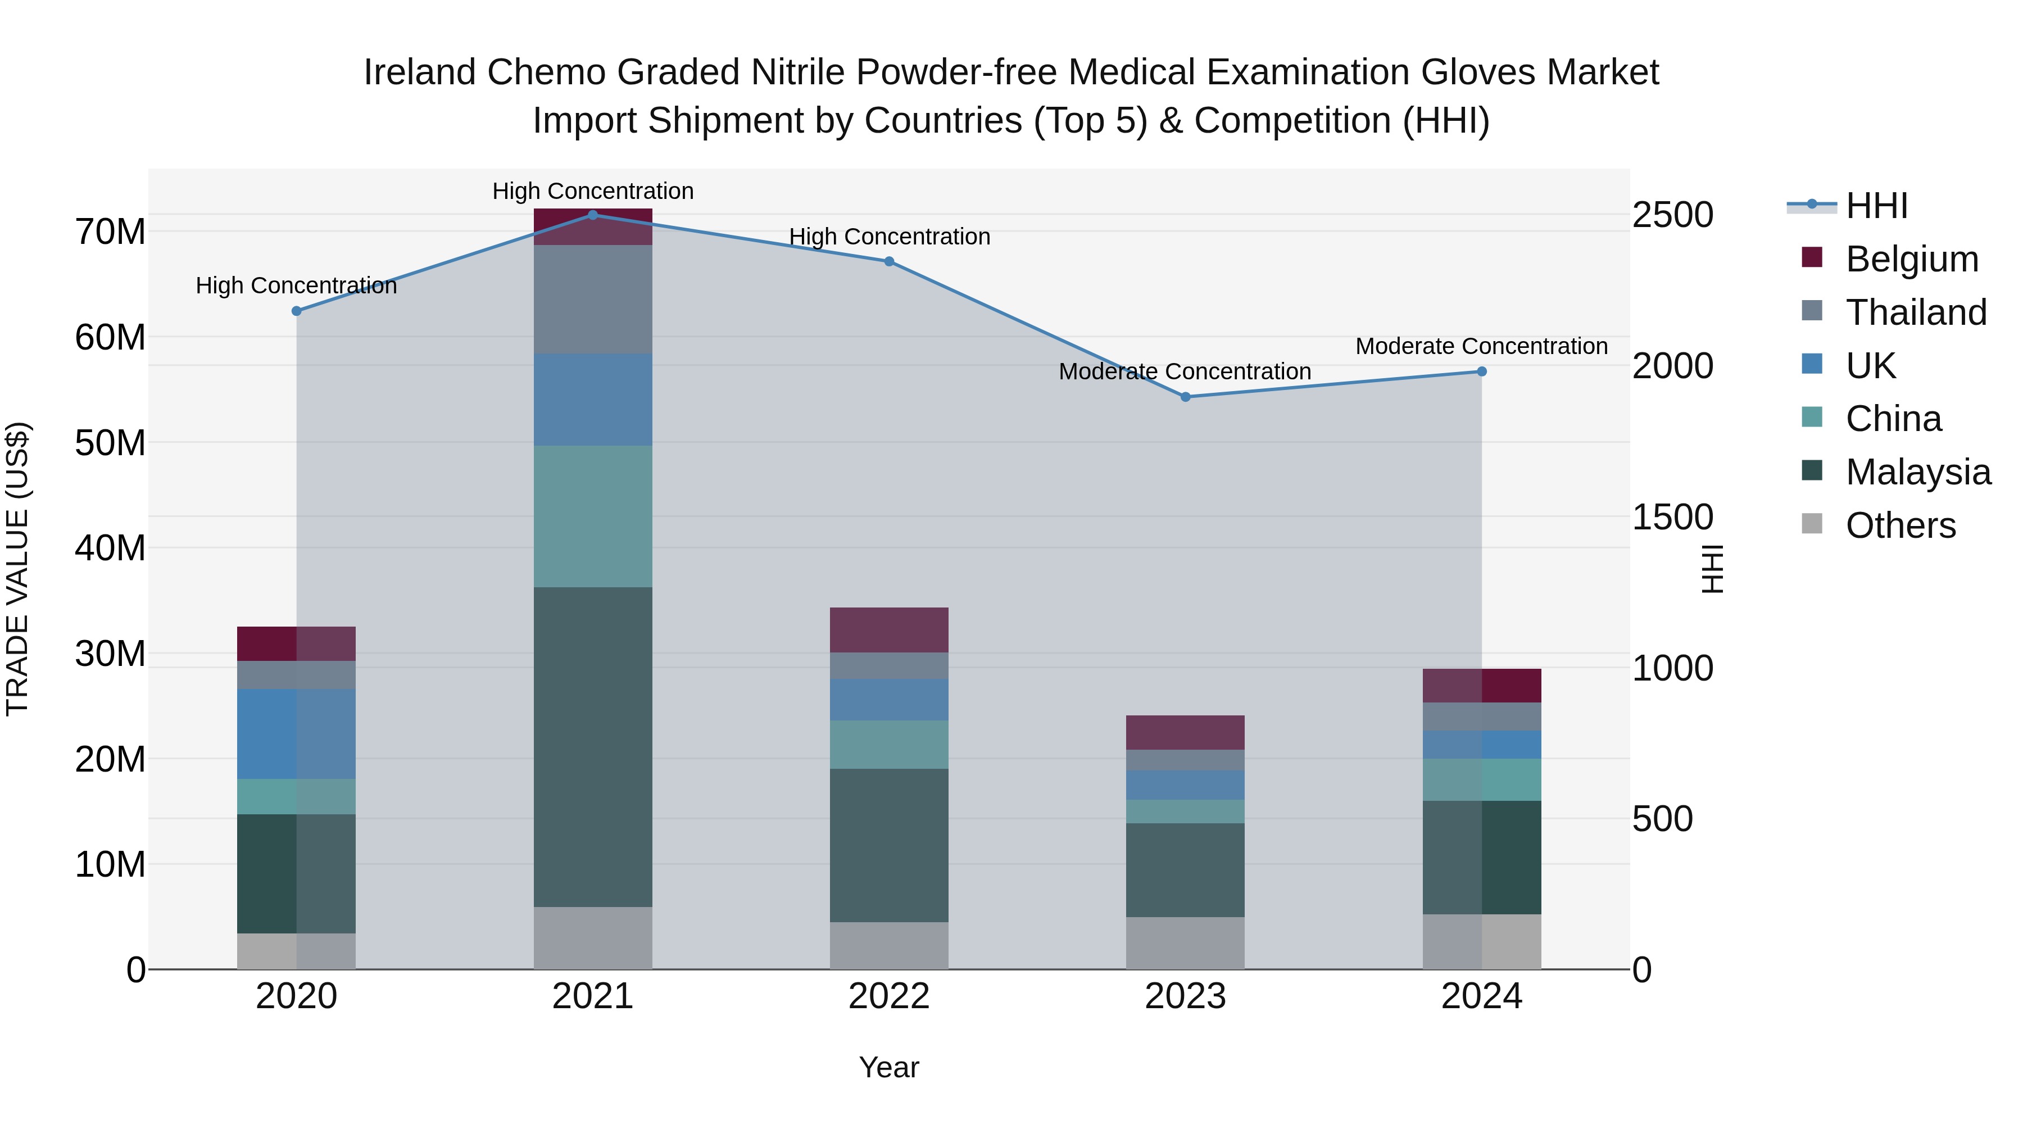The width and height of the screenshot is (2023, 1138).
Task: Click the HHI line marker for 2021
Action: point(593,215)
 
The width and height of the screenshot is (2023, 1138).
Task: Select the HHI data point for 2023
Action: point(1185,397)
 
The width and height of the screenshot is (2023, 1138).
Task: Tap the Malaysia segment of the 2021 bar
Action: point(593,746)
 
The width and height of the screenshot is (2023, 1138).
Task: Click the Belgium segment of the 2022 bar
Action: point(889,630)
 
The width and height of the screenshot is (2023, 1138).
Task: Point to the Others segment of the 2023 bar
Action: point(1185,942)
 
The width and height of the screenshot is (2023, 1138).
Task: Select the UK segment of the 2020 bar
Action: point(296,733)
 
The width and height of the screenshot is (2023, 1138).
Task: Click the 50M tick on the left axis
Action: point(110,443)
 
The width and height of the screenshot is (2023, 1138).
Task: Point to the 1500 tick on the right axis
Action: point(1673,517)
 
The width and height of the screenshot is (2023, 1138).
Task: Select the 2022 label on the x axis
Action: point(889,996)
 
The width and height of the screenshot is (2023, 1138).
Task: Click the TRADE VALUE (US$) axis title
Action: point(17,569)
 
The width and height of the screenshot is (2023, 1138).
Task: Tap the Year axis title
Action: point(889,1067)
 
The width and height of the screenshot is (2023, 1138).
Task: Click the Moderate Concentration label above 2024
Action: point(1481,346)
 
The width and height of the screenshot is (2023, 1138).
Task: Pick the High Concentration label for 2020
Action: point(296,286)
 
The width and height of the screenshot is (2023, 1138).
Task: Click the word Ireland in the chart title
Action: point(420,73)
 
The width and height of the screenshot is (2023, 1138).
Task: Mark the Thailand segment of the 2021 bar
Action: point(593,299)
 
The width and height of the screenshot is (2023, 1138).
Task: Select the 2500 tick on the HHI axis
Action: point(1673,215)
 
